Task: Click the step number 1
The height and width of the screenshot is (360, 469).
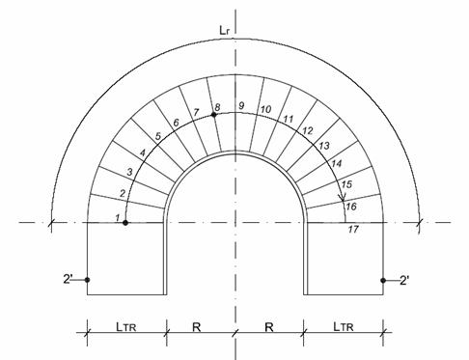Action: pos(118,218)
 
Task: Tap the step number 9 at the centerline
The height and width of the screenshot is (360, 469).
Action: pos(241,105)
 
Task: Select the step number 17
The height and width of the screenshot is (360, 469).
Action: pos(353,230)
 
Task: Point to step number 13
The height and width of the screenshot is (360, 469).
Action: pos(324,146)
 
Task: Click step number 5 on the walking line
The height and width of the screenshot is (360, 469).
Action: pos(158,136)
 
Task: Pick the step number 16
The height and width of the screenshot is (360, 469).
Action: pos(351,207)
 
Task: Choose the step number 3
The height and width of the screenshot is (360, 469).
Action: pos(129,172)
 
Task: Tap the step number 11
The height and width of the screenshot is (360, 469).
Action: pos(289,119)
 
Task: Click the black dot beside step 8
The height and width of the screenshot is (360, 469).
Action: pos(213,115)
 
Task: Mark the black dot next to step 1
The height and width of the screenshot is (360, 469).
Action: pos(125,222)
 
